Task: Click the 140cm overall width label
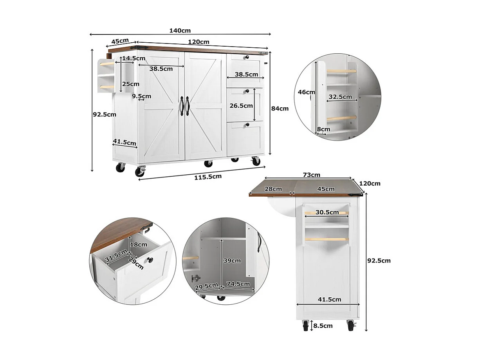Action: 180,31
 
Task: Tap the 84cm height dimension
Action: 280,109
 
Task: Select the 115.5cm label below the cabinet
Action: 208,177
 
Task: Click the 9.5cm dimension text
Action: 141,96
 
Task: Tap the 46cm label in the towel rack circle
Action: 306,92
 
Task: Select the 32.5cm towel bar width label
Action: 340,96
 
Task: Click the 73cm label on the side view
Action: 312,175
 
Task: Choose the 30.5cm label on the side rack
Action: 327,212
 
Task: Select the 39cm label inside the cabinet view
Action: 233,261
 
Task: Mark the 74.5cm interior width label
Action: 238,284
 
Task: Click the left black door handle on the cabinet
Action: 182,106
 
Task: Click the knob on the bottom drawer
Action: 247,125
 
